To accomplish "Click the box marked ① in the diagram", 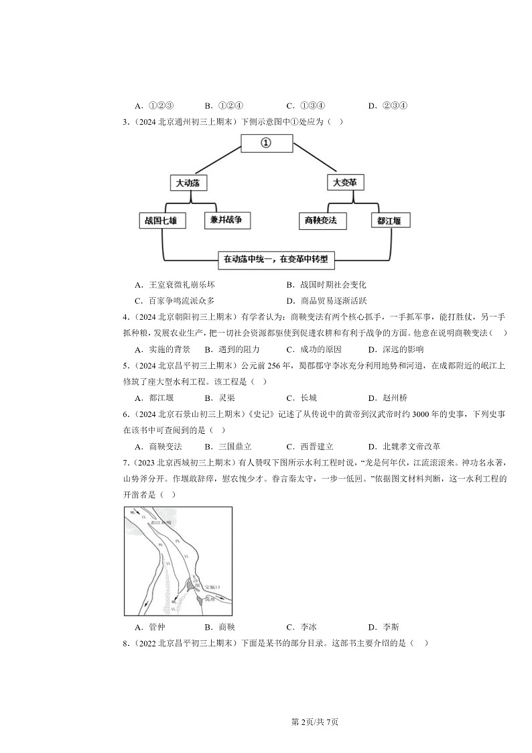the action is [x=266, y=144].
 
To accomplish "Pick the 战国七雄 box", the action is [x=161, y=221].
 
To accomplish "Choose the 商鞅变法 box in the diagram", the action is [x=321, y=221].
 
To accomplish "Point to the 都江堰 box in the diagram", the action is [x=389, y=221].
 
